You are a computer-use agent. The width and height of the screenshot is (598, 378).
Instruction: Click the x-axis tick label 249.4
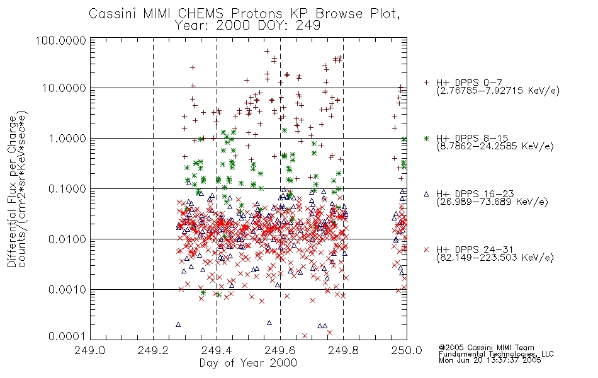pyautogui.click(x=217, y=350)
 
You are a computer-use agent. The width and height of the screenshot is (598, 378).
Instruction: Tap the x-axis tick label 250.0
pyautogui.click(x=407, y=350)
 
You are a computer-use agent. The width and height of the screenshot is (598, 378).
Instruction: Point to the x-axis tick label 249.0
pyautogui.click(x=90, y=350)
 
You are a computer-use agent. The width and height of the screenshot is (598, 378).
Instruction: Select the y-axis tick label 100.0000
pyautogui.click(x=61, y=40)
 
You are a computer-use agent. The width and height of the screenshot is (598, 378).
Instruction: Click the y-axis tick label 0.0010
pyautogui.click(x=67, y=290)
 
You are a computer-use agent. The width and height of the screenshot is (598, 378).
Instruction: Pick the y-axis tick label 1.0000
pyautogui.click(x=67, y=138)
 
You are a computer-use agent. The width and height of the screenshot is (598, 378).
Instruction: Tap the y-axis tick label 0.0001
pyautogui.click(x=67, y=336)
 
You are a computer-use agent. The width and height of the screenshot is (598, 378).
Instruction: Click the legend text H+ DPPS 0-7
pyautogui.click(x=469, y=83)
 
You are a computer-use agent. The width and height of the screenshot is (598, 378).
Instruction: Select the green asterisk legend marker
pyautogui.click(x=426, y=138)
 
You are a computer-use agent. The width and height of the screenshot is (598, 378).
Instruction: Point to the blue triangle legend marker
pyautogui.click(x=426, y=194)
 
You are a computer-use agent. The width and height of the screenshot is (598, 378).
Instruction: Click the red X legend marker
pyautogui.click(x=426, y=249)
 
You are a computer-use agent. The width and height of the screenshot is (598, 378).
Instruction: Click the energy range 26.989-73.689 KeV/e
pyautogui.click(x=492, y=202)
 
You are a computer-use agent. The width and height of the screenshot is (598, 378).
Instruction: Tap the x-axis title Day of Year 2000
pyautogui.click(x=248, y=363)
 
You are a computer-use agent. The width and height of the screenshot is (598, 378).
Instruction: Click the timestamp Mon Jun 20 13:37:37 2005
pyautogui.click(x=490, y=360)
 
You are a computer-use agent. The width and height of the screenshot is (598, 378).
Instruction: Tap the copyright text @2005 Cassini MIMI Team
pyautogui.click(x=486, y=348)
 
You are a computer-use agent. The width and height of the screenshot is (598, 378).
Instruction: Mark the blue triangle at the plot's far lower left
pyautogui.click(x=178, y=324)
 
